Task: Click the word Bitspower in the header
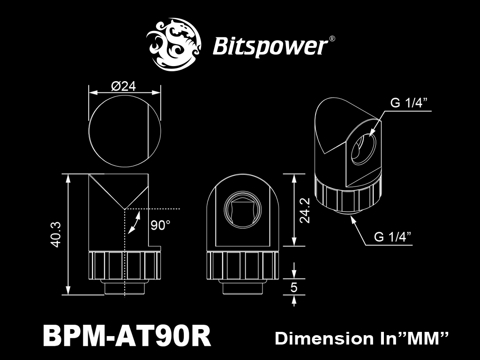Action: point(270,46)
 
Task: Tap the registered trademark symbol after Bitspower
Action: point(331,39)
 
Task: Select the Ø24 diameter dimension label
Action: point(124,87)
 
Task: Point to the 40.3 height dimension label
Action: point(56,234)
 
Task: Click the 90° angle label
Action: point(160,225)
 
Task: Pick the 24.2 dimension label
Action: point(305,210)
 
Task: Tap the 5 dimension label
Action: point(294,287)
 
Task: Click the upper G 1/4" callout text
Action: point(408,103)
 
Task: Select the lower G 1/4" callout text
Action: point(392,237)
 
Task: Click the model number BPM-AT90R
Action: point(127,336)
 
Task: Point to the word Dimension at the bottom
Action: point(324,338)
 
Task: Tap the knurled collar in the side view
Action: point(125,265)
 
